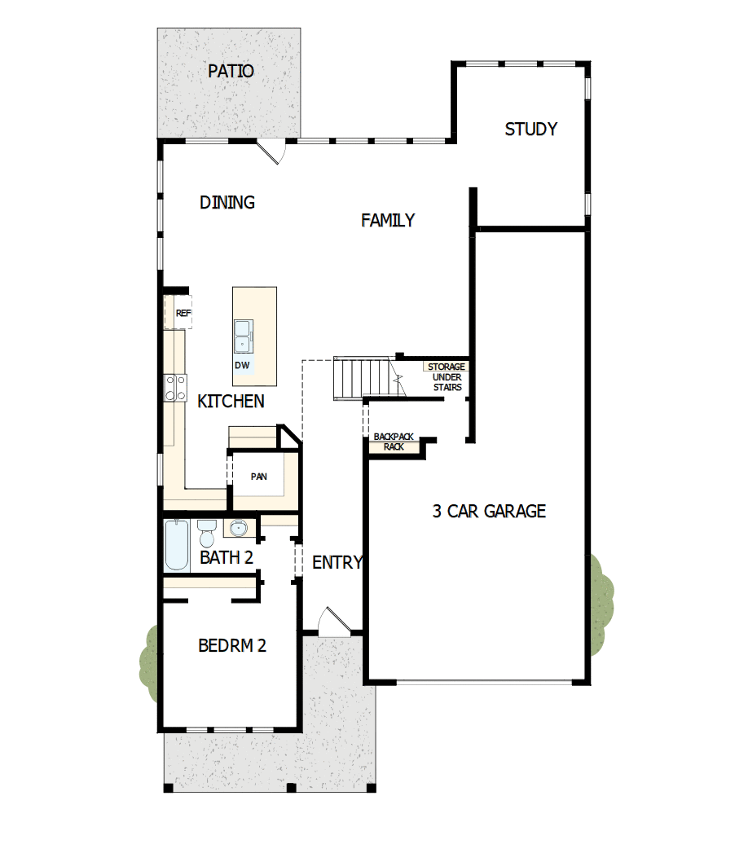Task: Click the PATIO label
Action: pyautogui.click(x=231, y=72)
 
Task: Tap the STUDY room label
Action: pyautogui.click(x=530, y=130)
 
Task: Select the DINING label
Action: pyautogui.click(x=227, y=203)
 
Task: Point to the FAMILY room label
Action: pyautogui.click(x=388, y=221)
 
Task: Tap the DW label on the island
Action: pyautogui.click(x=242, y=365)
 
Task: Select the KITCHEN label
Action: pyautogui.click(x=231, y=401)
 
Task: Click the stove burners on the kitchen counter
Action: pyautogui.click(x=172, y=387)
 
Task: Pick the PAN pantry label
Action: pyautogui.click(x=258, y=477)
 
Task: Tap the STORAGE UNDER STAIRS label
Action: pyautogui.click(x=447, y=377)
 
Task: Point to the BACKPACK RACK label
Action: pyautogui.click(x=394, y=442)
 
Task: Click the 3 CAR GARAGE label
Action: pyautogui.click(x=489, y=512)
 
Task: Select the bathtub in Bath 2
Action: pyautogui.click(x=176, y=545)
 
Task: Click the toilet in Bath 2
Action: pyautogui.click(x=206, y=534)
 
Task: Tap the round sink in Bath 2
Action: pyautogui.click(x=238, y=530)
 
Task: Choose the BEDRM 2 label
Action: pyautogui.click(x=232, y=646)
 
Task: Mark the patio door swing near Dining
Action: pyautogui.click(x=271, y=152)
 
